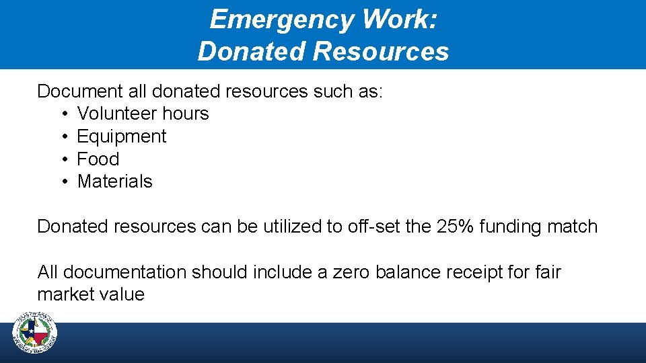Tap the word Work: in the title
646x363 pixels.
[x=400, y=20]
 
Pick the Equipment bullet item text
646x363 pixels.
[x=122, y=136]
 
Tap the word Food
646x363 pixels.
[x=98, y=159]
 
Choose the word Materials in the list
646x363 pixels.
[x=115, y=182]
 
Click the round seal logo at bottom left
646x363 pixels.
[x=35, y=333]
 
